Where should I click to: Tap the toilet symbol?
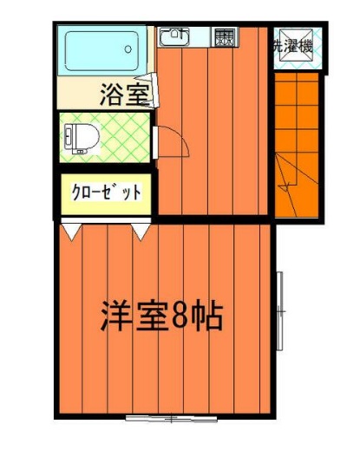pyautogui.click(x=80, y=136)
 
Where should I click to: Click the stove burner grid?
pyautogui.click(x=225, y=37)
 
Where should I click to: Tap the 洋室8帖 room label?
pyautogui.click(x=161, y=316)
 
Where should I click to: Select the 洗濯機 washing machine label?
pyautogui.click(x=294, y=47)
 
